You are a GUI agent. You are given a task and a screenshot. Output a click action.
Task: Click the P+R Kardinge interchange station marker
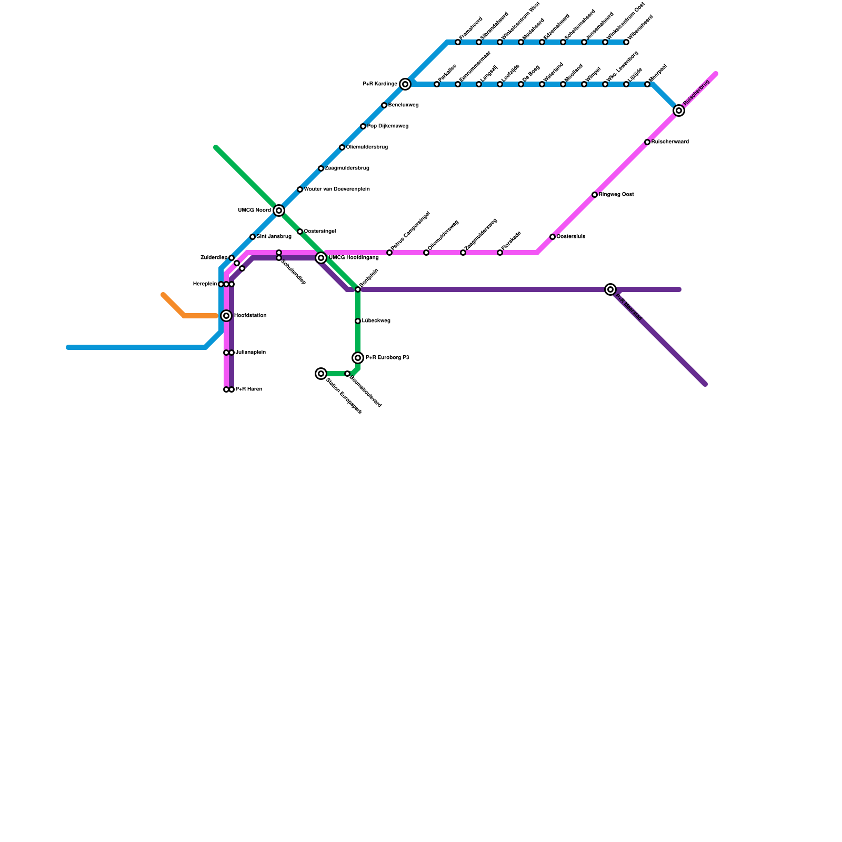(405, 84)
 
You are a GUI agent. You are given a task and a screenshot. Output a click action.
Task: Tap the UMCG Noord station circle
(279, 210)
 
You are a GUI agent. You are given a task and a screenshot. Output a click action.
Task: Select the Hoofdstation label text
(250, 316)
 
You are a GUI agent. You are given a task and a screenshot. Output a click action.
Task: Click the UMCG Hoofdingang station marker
(321, 258)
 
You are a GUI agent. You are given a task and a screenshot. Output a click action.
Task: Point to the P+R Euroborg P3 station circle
(358, 358)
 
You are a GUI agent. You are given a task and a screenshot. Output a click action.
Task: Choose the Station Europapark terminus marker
(321, 374)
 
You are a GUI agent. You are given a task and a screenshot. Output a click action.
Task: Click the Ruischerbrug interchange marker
(679, 111)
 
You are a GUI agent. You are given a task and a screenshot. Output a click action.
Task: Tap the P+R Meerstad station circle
(610, 289)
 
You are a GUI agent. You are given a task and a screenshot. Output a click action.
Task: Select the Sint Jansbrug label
(274, 237)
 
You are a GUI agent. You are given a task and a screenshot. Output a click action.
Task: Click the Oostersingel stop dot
(300, 232)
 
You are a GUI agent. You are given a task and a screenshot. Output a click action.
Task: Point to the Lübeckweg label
(376, 321)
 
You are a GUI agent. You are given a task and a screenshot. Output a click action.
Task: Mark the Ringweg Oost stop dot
(595, 195)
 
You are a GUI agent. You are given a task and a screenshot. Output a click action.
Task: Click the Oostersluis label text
(571, 237)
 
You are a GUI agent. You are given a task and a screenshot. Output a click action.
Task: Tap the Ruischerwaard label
(670, 142)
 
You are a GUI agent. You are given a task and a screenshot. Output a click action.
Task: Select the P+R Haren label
(248, 389)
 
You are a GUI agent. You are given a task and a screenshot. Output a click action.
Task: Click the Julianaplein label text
(250, 353)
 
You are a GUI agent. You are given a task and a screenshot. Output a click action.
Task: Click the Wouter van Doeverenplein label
(337, 189)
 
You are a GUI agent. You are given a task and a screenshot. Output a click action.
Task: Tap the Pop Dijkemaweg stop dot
(363, 126)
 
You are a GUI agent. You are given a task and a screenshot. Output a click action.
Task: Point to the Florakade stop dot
(500, 253)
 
